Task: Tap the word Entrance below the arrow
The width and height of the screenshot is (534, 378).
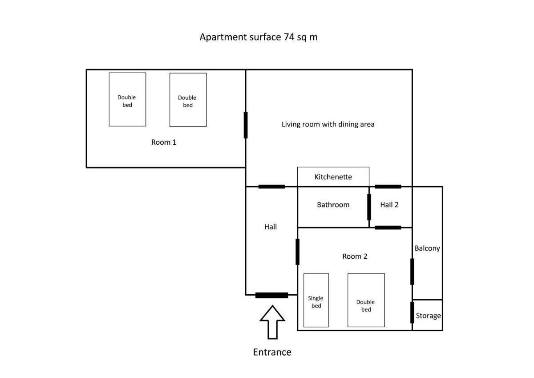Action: [272, 352]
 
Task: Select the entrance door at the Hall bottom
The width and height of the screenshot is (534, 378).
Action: [272, 295]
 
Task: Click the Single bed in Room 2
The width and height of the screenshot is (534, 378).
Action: [316, 300]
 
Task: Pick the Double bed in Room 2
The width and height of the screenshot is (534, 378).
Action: [366, 300]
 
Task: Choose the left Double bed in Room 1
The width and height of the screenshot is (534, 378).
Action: [128, 99]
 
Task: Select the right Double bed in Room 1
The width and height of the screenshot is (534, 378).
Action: [188, 100]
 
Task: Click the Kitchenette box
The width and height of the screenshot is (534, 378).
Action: [333, 177]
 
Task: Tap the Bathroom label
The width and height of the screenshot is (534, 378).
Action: [333, 205]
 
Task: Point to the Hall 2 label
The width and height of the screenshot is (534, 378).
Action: [389, 205]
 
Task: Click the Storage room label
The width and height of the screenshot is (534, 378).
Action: [429, 316]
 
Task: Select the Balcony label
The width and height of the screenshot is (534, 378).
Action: [427, 248]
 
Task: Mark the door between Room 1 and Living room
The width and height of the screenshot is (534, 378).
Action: [246, 125]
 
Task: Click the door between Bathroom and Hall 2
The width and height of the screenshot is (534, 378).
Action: [369, 207]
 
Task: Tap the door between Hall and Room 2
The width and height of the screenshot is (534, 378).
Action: [298, 252]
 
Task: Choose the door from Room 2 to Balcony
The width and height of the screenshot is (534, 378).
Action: [412, 272]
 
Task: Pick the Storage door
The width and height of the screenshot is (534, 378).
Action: [412, 313]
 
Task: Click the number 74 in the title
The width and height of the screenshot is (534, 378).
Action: [289, 37]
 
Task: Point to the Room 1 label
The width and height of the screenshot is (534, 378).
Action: [164, 142]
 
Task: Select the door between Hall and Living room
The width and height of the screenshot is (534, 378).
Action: [271, 187]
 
